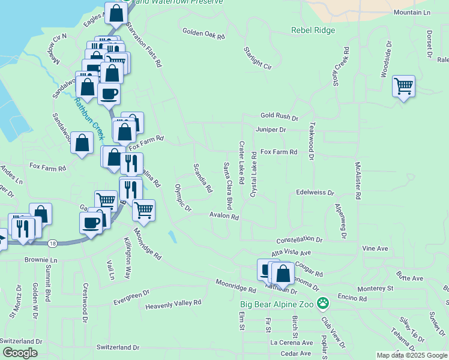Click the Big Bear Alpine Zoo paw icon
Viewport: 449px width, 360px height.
[x=324, y=303]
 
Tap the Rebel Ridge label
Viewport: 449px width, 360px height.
[x=313, y=30]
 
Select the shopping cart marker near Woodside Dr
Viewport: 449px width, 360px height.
[x=403, y=86]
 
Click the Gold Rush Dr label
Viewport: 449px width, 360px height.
[x=279, y=116]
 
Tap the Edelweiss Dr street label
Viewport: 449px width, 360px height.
[x=315, y=193]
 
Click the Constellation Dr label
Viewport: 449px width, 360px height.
[x=300, y=239]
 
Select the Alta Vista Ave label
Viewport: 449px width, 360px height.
[x=291, y=253]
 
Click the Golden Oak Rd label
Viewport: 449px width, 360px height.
[x=203, y=34]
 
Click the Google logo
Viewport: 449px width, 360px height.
[x=19, y=353]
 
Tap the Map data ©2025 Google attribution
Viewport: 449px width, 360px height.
[x=412, y=355]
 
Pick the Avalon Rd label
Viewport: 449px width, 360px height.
[x=224, y=217]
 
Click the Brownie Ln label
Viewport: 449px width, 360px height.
[x=40, y=260]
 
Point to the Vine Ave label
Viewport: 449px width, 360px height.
[x=375, y=248]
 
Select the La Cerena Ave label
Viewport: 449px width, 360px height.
[x=292, y=343]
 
